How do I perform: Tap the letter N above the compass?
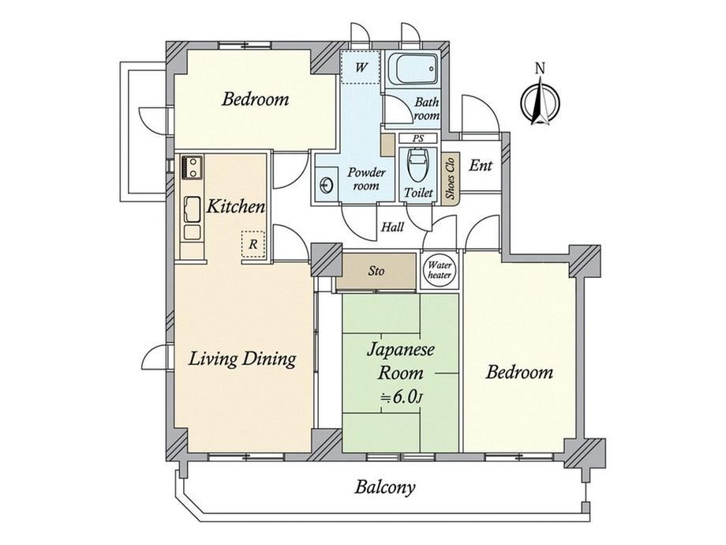coord(540,68)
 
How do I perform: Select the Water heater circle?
coord(440,269)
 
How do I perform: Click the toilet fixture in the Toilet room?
coord(418,165)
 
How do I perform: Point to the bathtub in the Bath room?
coord(413,70)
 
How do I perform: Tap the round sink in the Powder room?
coord(326,185)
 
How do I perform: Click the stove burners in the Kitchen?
coord(192,167)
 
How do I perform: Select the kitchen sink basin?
coord(192,209)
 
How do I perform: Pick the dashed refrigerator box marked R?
coord(253,244)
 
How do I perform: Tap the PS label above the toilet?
coord(417,138)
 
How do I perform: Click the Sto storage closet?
coord(376,271)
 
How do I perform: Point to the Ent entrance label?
coord(480,165)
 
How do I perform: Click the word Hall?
coord(392,227)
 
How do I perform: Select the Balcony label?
coord(385,487)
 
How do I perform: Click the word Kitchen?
coord(236,206)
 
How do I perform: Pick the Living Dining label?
coord(242,359)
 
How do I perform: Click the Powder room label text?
coord(366,179)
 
